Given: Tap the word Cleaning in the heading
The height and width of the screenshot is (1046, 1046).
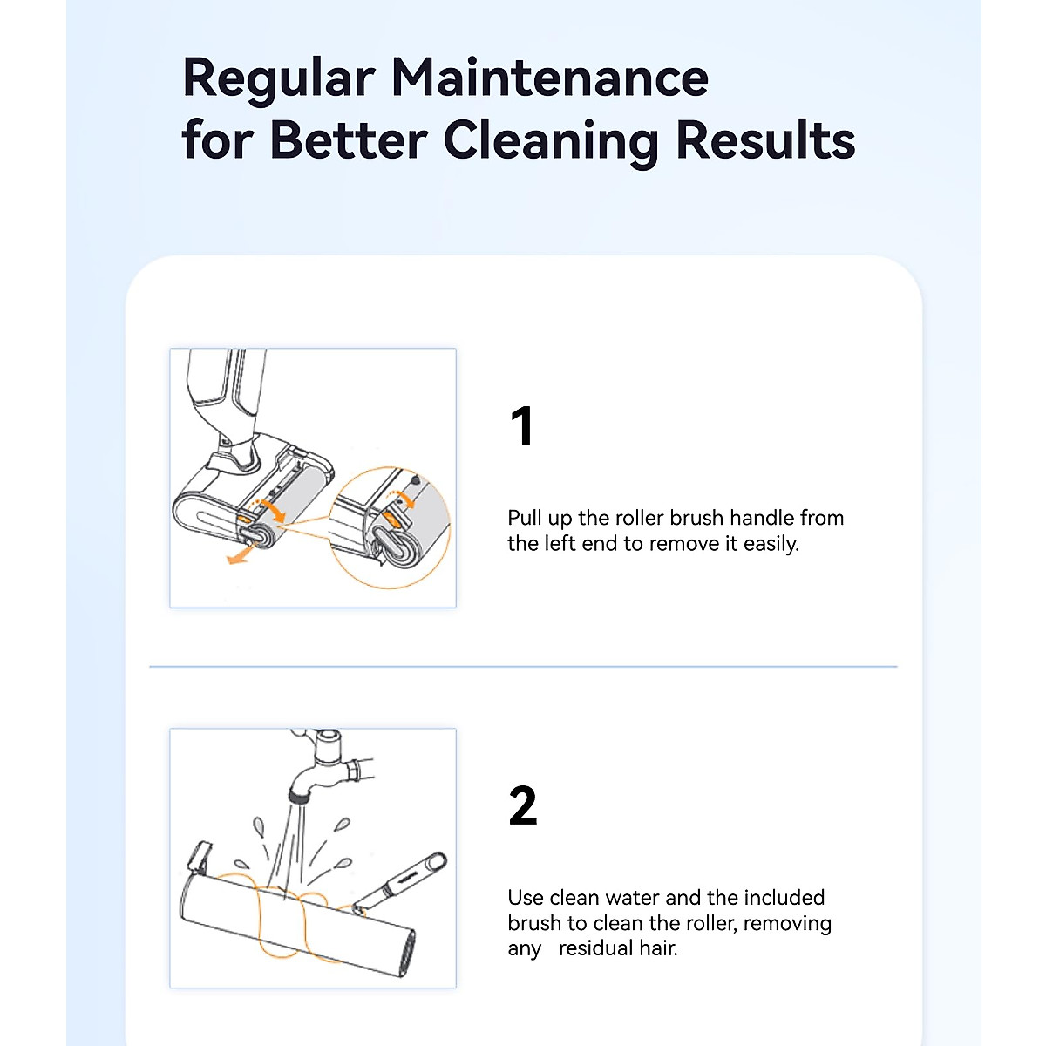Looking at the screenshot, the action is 550,139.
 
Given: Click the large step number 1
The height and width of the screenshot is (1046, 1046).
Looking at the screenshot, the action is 521,426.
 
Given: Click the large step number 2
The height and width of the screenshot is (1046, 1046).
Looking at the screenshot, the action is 522,806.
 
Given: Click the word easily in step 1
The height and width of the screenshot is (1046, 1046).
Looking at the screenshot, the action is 769,544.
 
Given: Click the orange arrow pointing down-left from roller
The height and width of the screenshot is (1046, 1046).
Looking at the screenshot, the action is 236,557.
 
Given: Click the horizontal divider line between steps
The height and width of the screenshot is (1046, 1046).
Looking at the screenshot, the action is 523,667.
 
